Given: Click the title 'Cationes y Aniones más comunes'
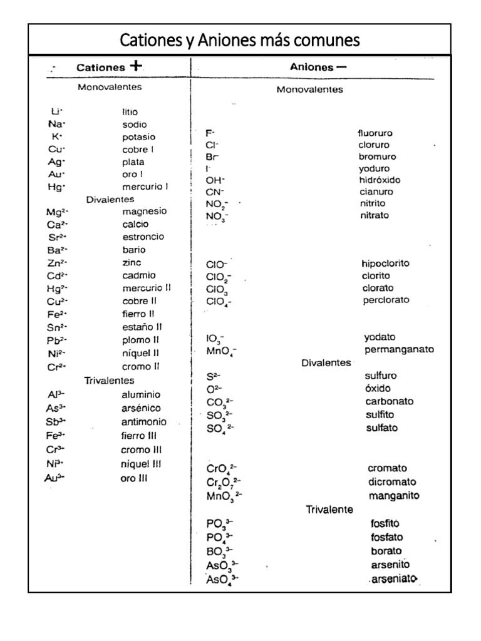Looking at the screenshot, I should click(x=240, y=41).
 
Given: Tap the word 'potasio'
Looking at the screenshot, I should click(x=139, y=136).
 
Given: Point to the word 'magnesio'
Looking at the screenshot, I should click(x=145, y=212).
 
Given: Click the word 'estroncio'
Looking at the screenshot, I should click(x=143, y=237).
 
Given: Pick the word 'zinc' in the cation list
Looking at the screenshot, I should click(x=132, y=262).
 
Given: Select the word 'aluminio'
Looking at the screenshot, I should click(x=141, y=395).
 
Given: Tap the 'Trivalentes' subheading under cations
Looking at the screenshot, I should click(x=110, y=380).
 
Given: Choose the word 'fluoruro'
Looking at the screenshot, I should click(x=375, y=133).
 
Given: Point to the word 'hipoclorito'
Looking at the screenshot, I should click(x=385, y=264).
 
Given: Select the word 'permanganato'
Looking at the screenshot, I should click(x=399, y=349).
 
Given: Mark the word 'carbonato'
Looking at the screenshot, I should click(x=389, y=401).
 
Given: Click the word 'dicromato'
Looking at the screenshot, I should click(x=393, y=482).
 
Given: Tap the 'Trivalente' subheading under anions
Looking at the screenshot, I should click(x=329, y=509).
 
